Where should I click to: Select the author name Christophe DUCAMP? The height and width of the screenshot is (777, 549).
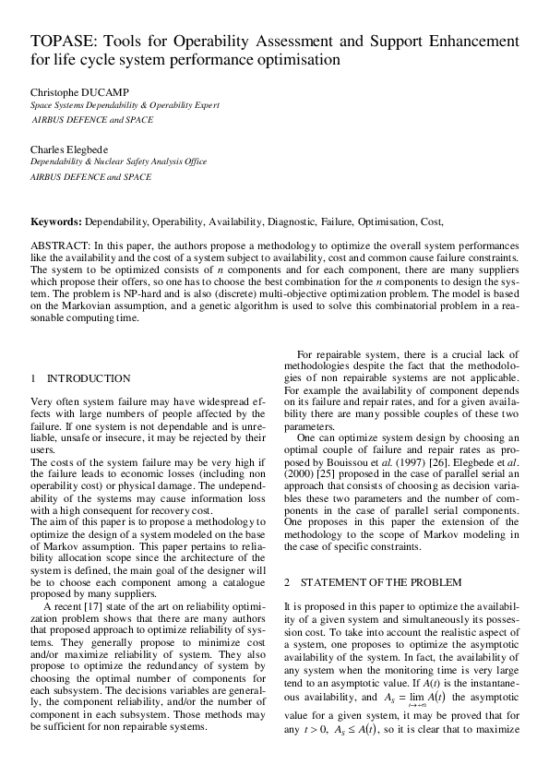[x=78, y=92]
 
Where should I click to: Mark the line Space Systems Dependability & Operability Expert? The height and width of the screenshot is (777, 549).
[x=125, y=105]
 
